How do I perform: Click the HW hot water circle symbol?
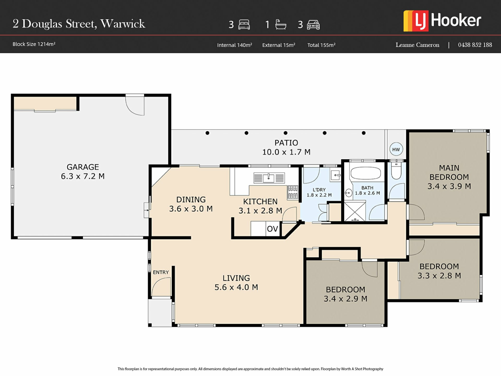tap(396, 149)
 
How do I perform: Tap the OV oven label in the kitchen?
tap(272, 229)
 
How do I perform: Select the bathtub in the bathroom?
tap(366, 173)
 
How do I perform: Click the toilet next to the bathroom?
tap(396, 171)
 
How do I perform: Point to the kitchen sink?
tap(269, 178)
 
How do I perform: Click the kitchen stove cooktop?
tap(293, 192)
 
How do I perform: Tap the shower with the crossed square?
tap(355, 211)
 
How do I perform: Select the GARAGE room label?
tap(83, 167)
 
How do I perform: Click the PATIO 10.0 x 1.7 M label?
tap(286, 147)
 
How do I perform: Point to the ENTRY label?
tap(161, 272)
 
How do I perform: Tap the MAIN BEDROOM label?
tap(449, 172)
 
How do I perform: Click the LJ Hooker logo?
tap(442, 21)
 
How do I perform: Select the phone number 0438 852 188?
tap(475, 45)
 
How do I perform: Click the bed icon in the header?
tap(244, 25)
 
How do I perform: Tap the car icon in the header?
tap(313, 25)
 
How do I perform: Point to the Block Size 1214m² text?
tap(34, 44)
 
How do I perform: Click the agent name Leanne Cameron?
tap(417, 45)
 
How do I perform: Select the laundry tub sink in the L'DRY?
tap(336, 175)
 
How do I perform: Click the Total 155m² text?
tap(321, 45)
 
